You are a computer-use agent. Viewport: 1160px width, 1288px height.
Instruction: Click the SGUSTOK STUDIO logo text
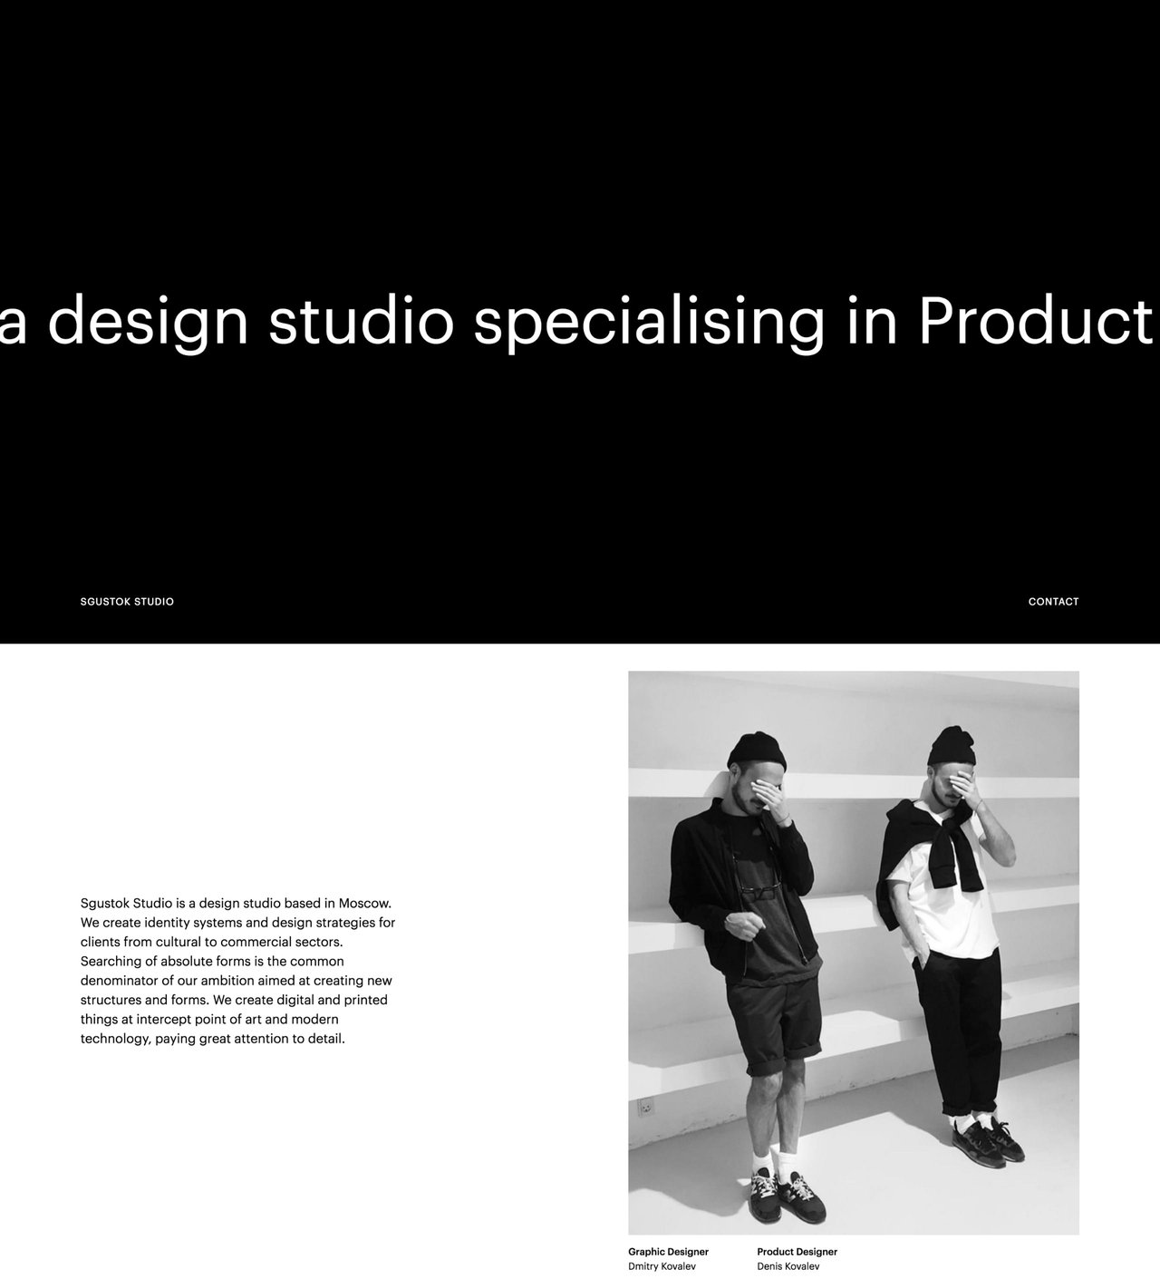pos(127,602)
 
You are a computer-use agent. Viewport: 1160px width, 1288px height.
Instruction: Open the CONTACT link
pos(1053,602)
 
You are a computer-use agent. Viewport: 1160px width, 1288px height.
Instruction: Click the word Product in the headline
pos(1035,321)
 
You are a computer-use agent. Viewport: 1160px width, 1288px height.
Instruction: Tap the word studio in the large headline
pos(361,321)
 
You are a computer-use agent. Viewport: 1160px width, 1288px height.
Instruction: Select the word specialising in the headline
pos(649,321)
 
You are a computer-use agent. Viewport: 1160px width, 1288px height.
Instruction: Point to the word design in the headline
pos(148,321)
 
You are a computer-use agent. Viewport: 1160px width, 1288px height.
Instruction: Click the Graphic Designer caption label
pos(668,1252)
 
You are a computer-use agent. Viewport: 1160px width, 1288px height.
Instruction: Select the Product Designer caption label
pos(797,1252)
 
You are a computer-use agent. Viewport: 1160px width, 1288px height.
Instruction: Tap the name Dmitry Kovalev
pos(662,1266)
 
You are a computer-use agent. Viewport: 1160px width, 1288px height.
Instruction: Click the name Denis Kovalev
pos(788,1266)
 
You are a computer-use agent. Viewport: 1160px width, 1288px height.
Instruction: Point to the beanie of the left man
pos(756,751)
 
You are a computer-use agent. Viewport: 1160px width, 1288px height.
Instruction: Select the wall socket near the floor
pos(646,1108)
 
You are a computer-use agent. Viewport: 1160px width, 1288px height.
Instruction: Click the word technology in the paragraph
pos(115,1040)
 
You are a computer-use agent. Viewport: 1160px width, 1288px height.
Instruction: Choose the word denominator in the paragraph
pos(121,981)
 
